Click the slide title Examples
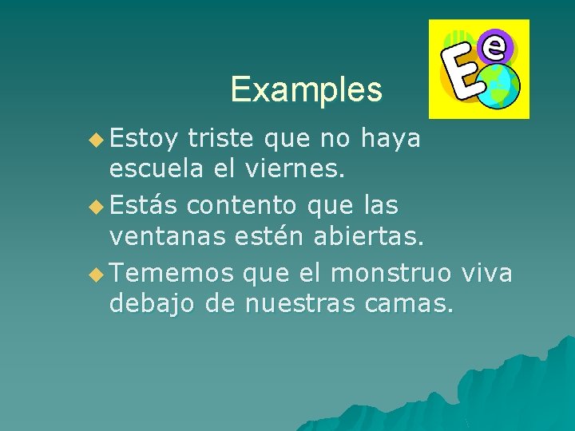coord(307,89)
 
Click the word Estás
coord(144,205)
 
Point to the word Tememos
coord(172,273)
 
